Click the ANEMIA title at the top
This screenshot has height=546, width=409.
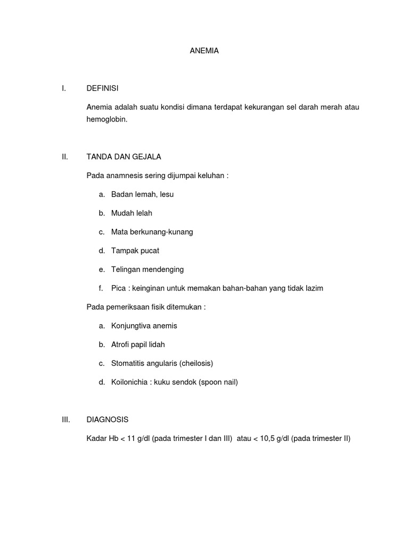[x=204, y=51]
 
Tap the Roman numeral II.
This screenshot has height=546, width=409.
[x=65, y=157]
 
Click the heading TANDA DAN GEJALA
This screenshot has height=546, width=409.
[x=124, y=157]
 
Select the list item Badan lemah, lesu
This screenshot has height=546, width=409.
[x=142, y=194]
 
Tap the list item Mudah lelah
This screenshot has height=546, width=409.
[x=132, y=213]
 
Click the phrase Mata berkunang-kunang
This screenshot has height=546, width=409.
[x=152, y=232]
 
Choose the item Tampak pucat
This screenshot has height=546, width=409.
[x=135, y=251]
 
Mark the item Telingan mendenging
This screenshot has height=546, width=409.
[x=148, y=269]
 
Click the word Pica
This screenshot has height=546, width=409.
[x=119, y=288]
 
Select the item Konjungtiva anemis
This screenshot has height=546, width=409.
[x=144, y=326]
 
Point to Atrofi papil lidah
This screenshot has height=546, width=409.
[x=138, y=344]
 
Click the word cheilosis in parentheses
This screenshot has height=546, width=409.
[x=196, y=363]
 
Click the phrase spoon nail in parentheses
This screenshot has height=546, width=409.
[x=218, y=382]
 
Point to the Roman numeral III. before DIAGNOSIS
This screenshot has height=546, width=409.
[x=66, y=420]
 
